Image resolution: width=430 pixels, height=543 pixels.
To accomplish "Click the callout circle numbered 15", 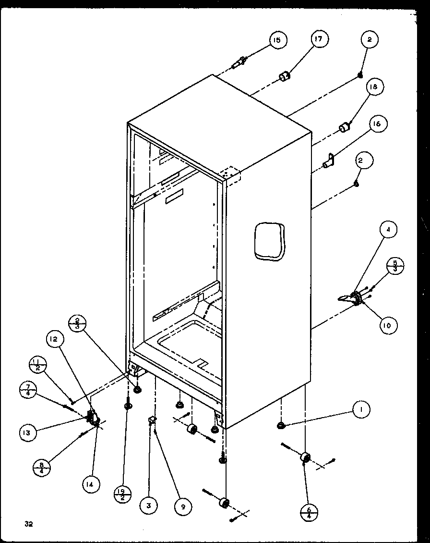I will point(276,40).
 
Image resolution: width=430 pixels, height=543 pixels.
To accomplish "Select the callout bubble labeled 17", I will point(320,39).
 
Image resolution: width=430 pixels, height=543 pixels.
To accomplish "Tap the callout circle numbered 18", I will point(373,87).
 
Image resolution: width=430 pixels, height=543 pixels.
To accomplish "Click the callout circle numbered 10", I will point(387,326).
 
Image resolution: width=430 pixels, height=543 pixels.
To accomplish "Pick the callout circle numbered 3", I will point(149,506).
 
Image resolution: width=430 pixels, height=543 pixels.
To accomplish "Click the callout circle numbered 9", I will point(182,506).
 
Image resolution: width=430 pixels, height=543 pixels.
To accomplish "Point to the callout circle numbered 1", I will point(361,409).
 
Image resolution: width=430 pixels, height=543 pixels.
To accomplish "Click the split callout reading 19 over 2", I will point(123,494).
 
